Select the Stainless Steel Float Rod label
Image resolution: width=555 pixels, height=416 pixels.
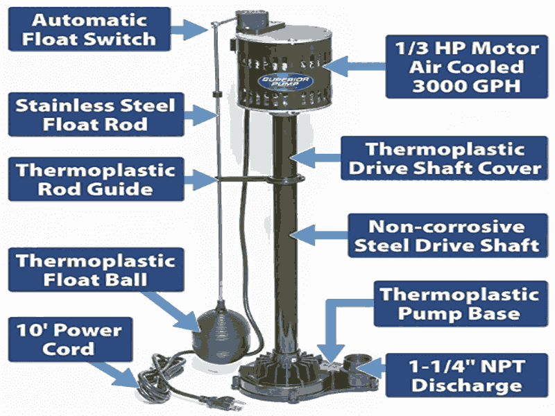click(94, 116)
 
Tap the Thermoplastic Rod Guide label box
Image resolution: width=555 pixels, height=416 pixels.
click(94, 179)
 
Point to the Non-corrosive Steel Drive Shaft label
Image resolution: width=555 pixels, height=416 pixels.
click(444, 236)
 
